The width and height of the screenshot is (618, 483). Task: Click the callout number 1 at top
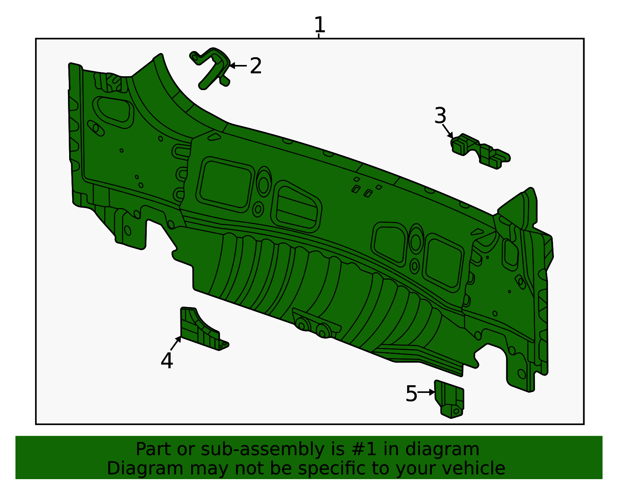point(319,25)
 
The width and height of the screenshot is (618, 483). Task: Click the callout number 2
point(256,66)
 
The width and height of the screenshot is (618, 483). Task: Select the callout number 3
point(440,116)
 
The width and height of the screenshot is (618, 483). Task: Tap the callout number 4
point(166,361)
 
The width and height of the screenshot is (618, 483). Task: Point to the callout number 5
point(411,394)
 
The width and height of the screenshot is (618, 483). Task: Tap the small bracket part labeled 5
point(450,398)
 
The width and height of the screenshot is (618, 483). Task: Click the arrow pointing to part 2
point(238,66)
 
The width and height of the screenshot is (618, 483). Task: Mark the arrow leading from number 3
point(447,131)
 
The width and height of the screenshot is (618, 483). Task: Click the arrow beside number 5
point(426,392)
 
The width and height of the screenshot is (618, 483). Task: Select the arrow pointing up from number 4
point(176,343)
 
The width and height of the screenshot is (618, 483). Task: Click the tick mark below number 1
point(319,36)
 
